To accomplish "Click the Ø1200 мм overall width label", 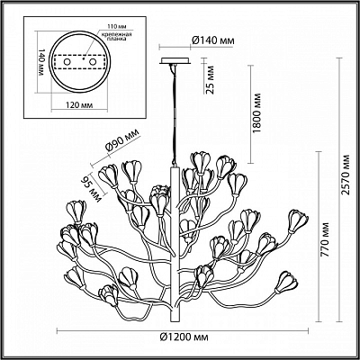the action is click(x=184, y=337).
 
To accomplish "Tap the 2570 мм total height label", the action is click(x=346, y=175).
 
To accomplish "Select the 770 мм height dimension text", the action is click(x=324, y=239).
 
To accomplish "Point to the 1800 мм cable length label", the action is click(x=256, y=113).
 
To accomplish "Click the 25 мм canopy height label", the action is click(x=211, y=80).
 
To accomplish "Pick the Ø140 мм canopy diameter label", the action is click(x=212, y=40).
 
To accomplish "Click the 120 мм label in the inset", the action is click(x=79, y=105).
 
